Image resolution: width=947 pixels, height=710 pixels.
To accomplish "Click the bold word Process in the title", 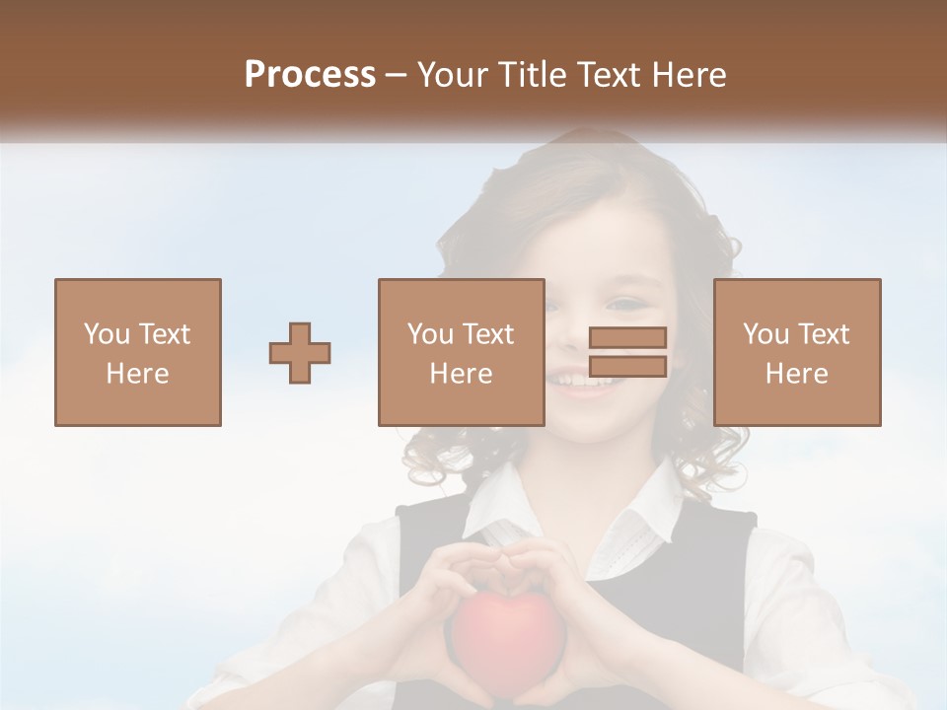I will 310,75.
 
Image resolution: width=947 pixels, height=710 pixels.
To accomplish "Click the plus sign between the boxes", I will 300,353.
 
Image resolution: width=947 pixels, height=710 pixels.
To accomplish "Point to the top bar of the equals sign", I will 627,338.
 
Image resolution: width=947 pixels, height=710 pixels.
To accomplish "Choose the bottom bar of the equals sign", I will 627,367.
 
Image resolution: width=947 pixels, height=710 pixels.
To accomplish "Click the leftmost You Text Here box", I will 138,352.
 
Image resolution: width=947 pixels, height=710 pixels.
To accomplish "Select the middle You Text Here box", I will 461,352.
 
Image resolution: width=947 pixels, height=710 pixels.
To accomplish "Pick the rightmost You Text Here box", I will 797,352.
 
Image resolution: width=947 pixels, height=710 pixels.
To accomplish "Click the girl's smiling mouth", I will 582,379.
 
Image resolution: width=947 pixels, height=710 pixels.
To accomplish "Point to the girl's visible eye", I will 625,303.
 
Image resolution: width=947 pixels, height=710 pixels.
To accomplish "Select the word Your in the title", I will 452,75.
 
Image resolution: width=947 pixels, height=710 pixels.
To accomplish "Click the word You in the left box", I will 106,334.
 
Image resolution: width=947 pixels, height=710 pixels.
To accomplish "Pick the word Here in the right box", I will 797,374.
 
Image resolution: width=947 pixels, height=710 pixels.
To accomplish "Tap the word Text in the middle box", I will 487,334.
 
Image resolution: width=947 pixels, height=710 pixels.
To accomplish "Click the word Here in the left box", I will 138,374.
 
